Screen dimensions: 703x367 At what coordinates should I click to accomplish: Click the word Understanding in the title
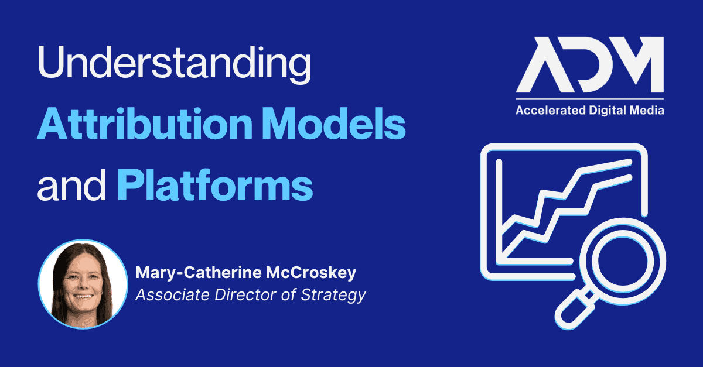tap(175, 64)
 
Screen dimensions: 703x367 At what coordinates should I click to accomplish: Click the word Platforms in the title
tap(216, 185)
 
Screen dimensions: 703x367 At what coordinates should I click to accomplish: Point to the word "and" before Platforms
tap(71, 185)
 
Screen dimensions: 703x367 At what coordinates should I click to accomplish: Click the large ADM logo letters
tap(590, 65)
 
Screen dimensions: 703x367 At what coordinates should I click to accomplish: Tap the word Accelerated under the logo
tap(551, 111)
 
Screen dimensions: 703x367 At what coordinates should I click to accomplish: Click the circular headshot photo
tap(83, 284)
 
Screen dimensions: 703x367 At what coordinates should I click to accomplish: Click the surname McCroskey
tap(311, 273)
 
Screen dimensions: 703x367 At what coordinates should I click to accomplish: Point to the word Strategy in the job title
tap(333, 295)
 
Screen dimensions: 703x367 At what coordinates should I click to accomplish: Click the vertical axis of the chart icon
tap(499, 211)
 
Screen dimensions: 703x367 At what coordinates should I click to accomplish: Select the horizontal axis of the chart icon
tap(534, 261)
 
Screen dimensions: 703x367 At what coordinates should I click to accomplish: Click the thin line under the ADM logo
tap(590, 99)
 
